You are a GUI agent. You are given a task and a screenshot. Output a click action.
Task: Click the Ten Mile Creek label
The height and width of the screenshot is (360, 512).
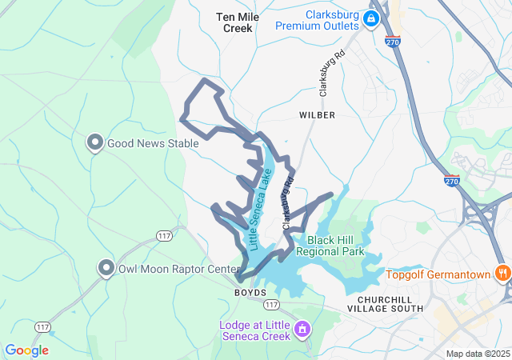(x=238, y=22)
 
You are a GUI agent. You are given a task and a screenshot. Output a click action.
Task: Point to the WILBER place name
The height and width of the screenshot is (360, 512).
(x=317, y=115)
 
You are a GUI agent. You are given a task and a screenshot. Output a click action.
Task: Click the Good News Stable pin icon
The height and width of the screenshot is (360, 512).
(x=94, y=143)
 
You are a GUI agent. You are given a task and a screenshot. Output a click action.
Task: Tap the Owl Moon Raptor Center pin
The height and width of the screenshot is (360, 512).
(x=106, y=268)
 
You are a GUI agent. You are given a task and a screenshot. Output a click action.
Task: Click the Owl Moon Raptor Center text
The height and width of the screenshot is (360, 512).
(x=173, y=268)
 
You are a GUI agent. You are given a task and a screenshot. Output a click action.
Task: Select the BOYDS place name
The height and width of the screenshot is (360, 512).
(x=250, y=293)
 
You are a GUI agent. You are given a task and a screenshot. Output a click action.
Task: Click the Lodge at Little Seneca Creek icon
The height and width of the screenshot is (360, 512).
(x=302, y=329)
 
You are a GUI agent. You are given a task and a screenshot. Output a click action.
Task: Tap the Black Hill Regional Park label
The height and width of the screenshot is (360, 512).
(x=330, y=246)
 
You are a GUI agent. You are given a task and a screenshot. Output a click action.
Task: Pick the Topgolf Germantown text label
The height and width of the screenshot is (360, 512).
(x=438, y=275)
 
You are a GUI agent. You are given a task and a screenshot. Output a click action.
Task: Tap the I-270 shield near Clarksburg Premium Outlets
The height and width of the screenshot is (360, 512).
(x=392, y=40)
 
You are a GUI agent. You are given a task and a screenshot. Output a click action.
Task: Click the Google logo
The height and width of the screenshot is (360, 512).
(x=26, y=350)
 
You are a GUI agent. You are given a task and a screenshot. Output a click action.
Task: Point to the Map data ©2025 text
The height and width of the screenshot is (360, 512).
(x=478, y=354)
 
